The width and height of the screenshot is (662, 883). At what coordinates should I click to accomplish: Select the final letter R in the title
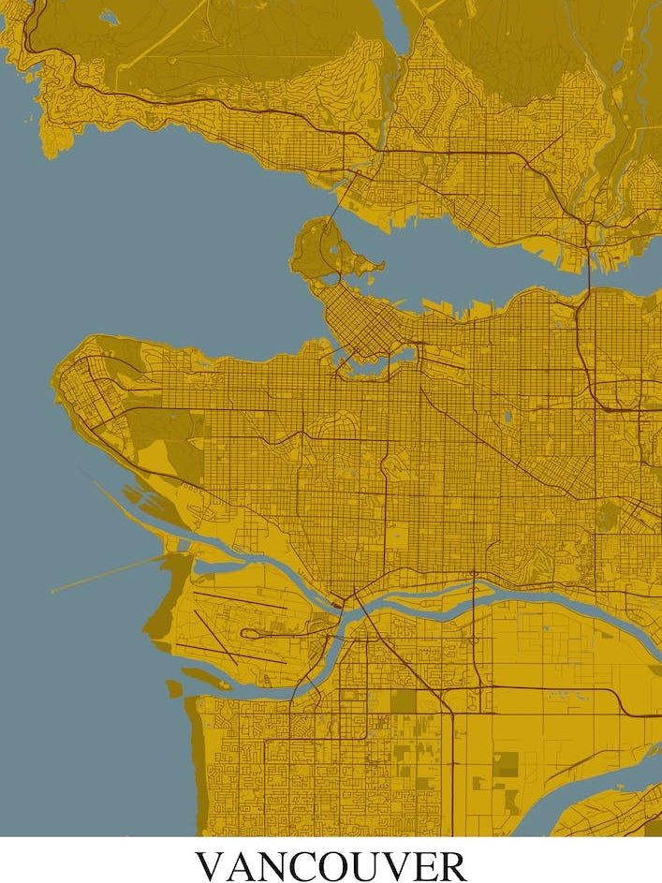point(451,865)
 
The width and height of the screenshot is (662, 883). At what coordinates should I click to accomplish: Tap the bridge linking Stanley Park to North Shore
point(349,195)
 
